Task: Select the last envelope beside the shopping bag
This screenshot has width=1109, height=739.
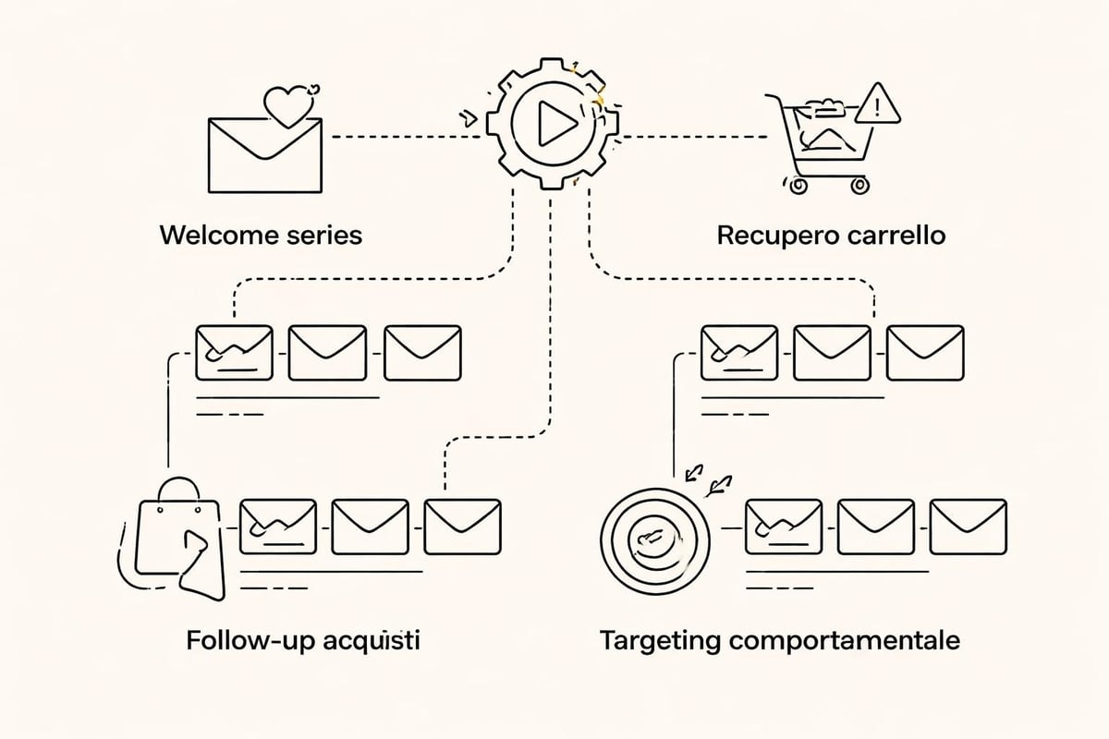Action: tap(462, 527)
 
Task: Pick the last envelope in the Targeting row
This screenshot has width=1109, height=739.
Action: tap(968, 527)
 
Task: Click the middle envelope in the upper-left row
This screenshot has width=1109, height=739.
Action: tap(327, 352)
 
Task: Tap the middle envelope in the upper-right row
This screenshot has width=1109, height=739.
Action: tap(832, 352)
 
